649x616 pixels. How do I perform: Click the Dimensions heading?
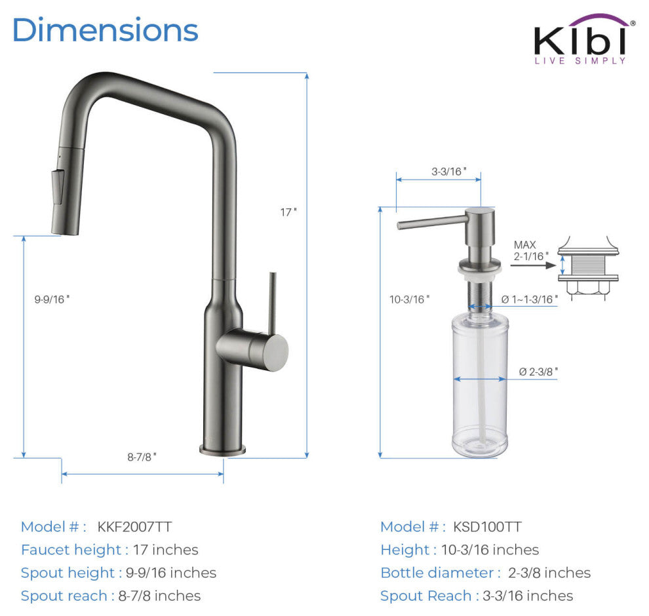(106, 29)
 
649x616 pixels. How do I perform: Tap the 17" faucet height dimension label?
(288, 212)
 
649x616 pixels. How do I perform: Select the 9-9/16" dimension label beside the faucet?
(52, 299)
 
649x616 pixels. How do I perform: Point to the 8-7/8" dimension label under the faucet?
(142, 457)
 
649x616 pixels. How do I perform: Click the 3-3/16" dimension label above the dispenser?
(449, 171)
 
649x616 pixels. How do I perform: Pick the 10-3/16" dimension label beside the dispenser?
(409, 299)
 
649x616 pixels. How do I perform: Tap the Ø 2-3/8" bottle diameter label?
(538, 372)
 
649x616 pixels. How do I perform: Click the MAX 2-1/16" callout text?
(531, 251)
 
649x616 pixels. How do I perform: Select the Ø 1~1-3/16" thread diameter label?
(530, 299)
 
